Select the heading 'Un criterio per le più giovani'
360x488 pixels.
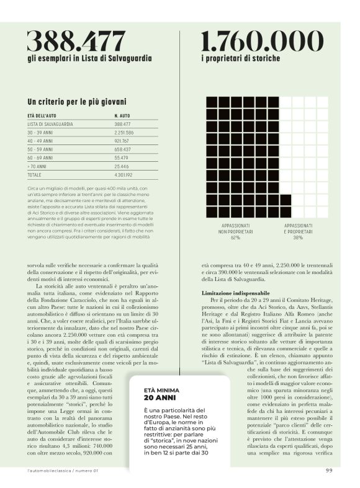pos(77,101)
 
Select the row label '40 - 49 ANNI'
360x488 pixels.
pos(41,141)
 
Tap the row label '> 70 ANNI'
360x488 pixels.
pos(38,167)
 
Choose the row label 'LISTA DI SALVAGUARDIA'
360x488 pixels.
pos(50,124)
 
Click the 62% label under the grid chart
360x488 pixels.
pos(235,237)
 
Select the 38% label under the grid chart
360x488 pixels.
pos(298,237)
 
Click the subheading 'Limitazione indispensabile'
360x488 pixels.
pos(235,292)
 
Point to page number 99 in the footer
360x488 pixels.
pos(329,471)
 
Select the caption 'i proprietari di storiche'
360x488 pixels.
pos(240,58)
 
